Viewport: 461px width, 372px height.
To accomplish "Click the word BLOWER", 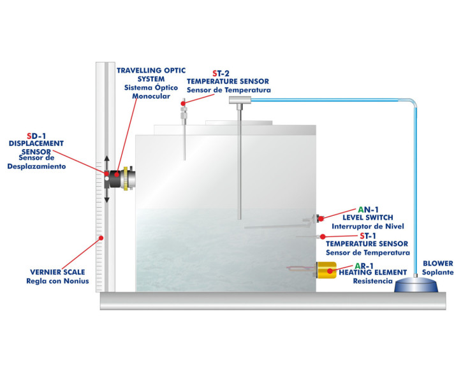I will (437, 263).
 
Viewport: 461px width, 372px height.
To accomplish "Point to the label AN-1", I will (368, 209).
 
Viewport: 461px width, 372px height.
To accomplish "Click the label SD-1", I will (37, 136).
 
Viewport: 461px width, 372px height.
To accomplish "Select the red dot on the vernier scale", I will (100, 239).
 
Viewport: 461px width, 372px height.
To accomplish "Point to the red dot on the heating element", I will (330, 271).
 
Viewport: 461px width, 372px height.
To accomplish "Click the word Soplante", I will (437, 272).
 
